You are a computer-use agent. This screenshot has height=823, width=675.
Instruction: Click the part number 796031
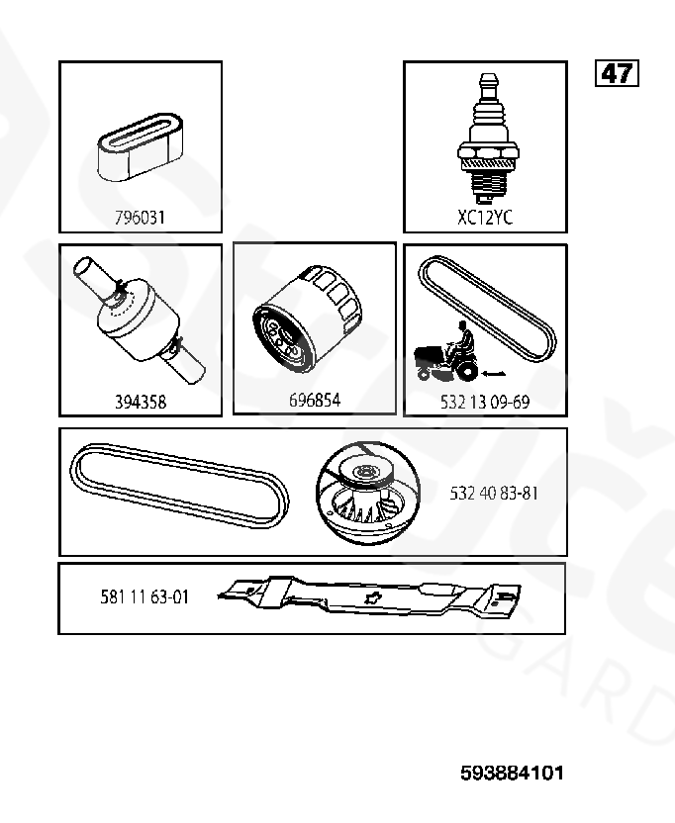[x=140, y=217]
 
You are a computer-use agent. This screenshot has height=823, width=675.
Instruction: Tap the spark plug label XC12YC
[x=485, y=217]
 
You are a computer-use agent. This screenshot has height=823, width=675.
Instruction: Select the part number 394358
[x=141, y=402]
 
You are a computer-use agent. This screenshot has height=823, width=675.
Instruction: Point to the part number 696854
[x=315, y=400]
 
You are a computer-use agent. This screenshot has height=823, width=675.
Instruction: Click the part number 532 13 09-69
[x=485, y=402]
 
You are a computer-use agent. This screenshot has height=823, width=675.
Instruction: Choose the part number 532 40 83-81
[x=494, y=494]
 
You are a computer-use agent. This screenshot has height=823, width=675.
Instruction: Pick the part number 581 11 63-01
[x=145, y=596]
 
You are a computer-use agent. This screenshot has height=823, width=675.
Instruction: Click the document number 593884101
[x=512, y=773]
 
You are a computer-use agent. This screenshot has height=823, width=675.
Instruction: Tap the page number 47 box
[x=617, y=73]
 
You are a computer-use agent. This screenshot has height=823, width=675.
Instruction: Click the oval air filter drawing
[x=140, y=146]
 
